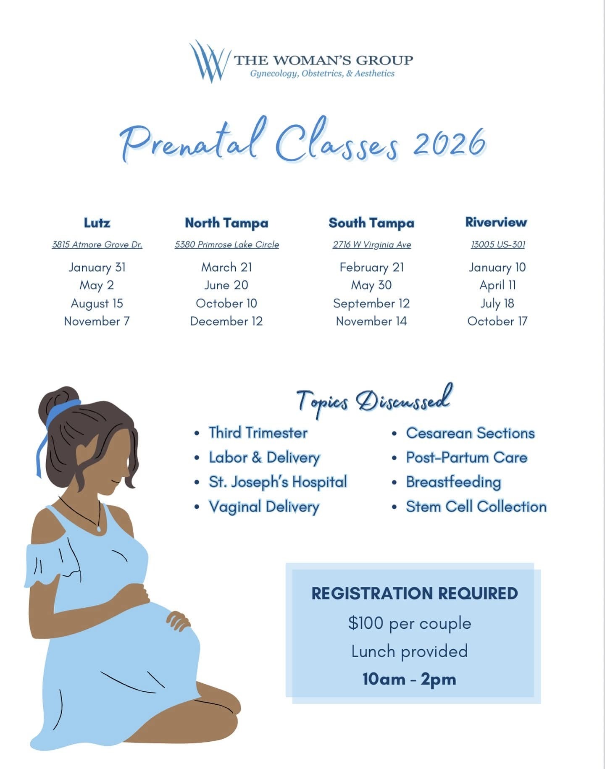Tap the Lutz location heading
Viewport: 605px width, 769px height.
97,223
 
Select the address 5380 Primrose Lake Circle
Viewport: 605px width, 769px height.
227,244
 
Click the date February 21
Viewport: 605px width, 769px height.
371,267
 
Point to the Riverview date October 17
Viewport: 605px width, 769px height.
497,321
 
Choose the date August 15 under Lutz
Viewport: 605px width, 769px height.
97,303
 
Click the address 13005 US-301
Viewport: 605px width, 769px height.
498,244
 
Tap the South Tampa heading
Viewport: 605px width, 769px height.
371,223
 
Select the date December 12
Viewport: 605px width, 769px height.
226,321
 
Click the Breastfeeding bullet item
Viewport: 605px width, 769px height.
453,482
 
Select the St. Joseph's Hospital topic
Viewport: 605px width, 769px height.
278,482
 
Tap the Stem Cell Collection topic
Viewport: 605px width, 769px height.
476,507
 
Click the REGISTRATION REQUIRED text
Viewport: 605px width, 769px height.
414,593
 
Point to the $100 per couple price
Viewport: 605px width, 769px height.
410,623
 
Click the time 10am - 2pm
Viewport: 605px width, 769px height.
410,679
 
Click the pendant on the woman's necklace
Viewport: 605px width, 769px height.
99,529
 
